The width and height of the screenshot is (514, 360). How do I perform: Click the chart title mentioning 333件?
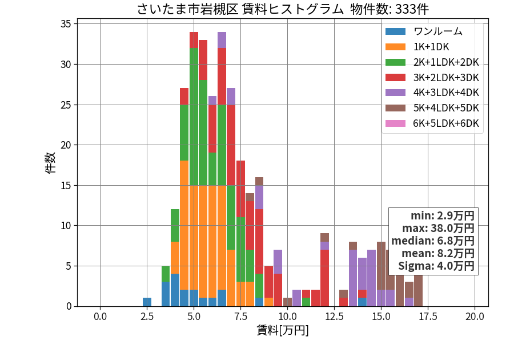[x=283, y=9]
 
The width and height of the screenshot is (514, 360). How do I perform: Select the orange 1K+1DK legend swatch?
[x=395, y=47]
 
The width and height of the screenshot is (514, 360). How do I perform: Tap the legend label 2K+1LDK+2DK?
[x=446, y=62]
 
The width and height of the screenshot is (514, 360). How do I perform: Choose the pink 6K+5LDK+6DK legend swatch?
[x=395, y=123]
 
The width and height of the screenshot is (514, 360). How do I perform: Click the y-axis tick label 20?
[x=66, y=145]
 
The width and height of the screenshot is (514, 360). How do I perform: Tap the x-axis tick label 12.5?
[x=334, y=317]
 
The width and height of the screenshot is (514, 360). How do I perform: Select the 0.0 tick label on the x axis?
[x=100, y=317]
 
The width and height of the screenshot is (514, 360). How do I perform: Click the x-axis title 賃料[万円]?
[x=283, y=330]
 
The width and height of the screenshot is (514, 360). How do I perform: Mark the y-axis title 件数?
[x=50, y=163]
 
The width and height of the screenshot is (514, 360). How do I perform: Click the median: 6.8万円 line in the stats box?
[x=433, y=241]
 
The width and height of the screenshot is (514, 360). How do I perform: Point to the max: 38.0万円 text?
[x=438, y=228]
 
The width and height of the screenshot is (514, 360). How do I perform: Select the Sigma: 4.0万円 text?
[x=436, y=266]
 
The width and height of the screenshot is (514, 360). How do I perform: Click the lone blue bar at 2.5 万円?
[x=147, y=302]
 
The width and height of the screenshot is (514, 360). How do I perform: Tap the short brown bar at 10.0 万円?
[x=287, y=302]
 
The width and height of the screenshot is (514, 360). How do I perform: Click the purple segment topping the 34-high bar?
[x=222, y=40]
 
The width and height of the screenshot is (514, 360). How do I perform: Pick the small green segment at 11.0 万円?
[x=306, y=302]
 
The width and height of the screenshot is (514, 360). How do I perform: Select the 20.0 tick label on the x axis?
[x=475, y=317]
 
